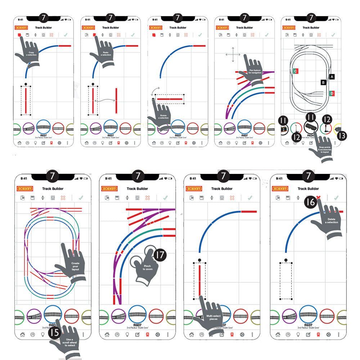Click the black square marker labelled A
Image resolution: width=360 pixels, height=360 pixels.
(332, 76)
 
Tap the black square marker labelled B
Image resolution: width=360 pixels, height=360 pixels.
(324, 82)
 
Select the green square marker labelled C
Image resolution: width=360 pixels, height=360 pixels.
(295, 71)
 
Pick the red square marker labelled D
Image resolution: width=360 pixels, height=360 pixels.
(332, 93)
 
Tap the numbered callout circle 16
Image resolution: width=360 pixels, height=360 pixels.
(311, 203)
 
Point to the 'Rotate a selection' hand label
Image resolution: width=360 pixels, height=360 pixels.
(163, 116)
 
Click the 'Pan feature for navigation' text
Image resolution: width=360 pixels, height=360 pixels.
(255, 71)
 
